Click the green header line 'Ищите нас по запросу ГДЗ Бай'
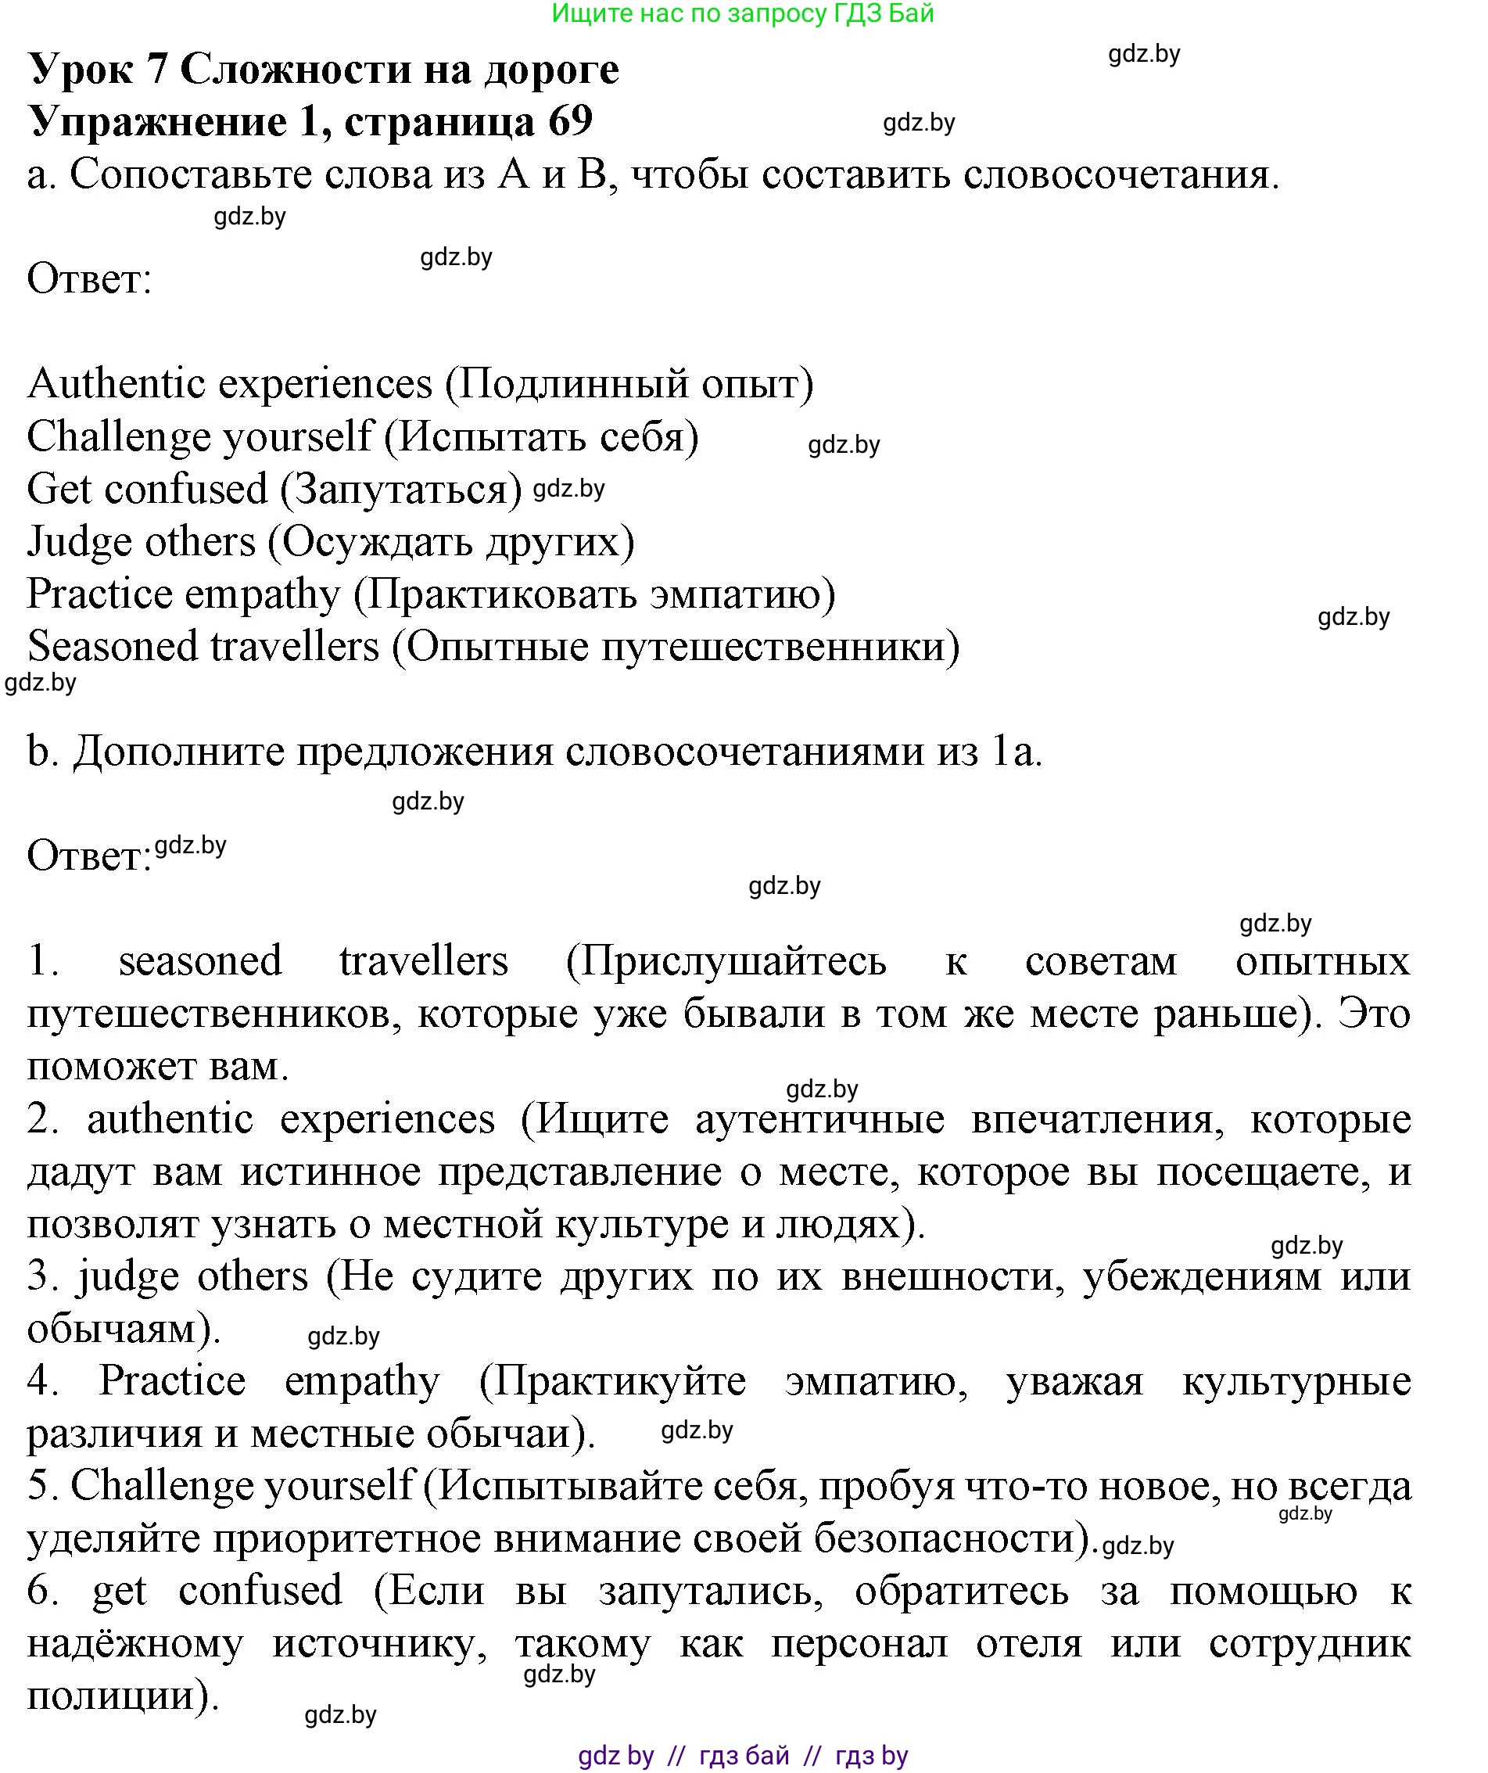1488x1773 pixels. point(742,13)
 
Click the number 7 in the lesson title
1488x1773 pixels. point(157,70)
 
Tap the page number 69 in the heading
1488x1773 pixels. point(571,121)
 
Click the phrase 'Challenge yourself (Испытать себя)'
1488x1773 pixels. point(363,437)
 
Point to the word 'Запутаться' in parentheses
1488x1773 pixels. point(401,490)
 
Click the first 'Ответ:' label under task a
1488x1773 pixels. point(89,278)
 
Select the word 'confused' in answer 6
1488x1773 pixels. point(260,1592)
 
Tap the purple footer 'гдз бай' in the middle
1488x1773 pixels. point(744,1757)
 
